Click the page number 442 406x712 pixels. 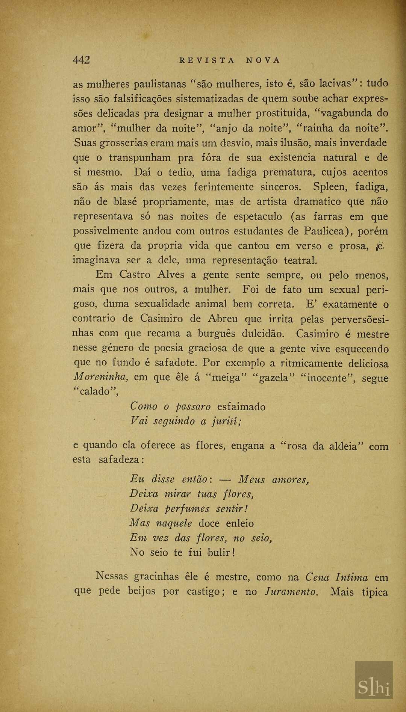click(x=81, y=60)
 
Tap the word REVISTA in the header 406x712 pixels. click(x=207, y=60)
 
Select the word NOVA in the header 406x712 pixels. click(x=263, y=60)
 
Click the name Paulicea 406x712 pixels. click(x=324, y=231)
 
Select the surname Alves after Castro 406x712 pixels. click(x=171, y=275)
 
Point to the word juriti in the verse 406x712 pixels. click(x=227, y=422)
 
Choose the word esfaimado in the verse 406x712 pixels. click(x=241, y=407)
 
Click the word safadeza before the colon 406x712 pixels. click(x=120, y=460)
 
